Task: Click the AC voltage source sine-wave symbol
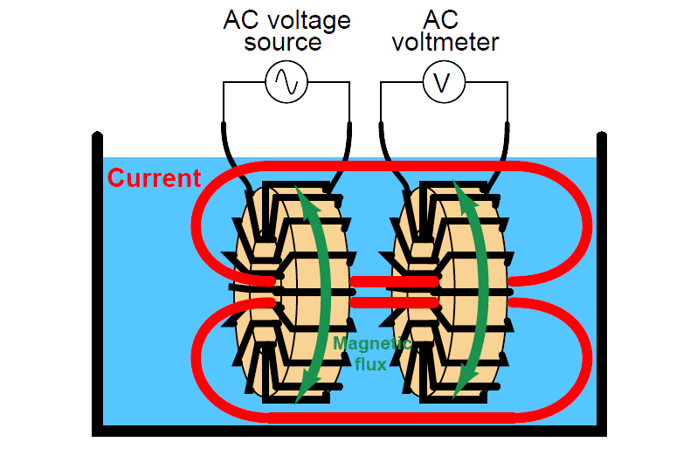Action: [x=286, y=82]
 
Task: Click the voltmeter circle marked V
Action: [x=443, y=82]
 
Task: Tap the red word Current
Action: [x=154, y=178]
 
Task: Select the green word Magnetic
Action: [x=371, y=343]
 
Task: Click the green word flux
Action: [x=369, y=363]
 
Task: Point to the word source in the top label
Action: [x=286, y=41]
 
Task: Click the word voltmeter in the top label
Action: [x=443, y=41]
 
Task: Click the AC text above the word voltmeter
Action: [x=443, y=18]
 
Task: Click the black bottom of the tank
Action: [x=349, y=430]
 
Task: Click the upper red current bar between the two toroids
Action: [x=376, y=281]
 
